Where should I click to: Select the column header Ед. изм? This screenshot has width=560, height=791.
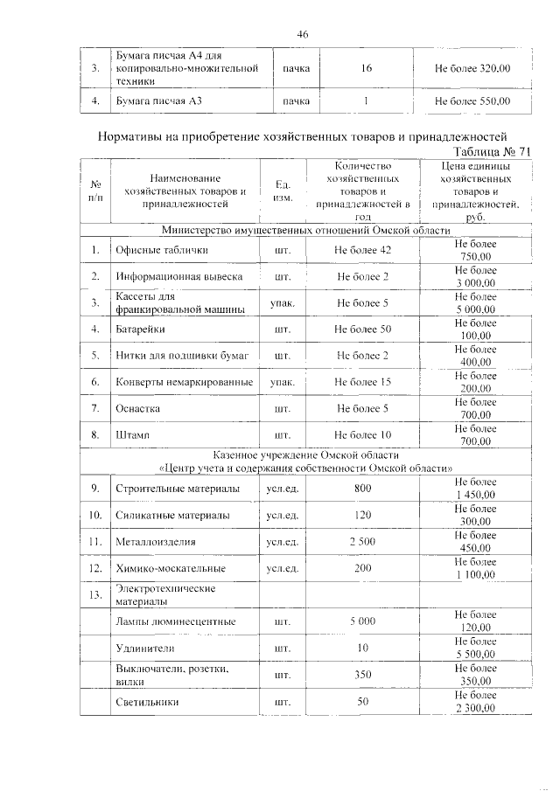pyautogui.click(x=283, y=191)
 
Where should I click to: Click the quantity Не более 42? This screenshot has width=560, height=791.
pyautogui.click(x=362, y=251)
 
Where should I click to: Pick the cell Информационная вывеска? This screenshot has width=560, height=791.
pyautogui.click(x=176, y=277)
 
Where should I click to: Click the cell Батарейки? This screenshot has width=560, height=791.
pyautogui.click(x=140, y=330)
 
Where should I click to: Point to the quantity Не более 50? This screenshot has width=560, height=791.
pyautogui.click(x=362, y=330)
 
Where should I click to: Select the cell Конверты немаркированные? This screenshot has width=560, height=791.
pyautogui.click(x=185, y=382)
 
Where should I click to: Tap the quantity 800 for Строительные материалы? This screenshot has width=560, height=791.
pyautogui.click(x=362, y=489)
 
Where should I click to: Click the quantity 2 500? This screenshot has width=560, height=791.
pyautogui.click(x=362, y=542)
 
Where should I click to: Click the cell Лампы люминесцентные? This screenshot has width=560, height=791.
pyautogui.click(x=176, y=621)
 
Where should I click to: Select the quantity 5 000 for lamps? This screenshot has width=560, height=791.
pyautogui.click(x=362, y=621)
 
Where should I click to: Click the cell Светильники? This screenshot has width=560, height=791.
pyautogui.click(x=147, y=701)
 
